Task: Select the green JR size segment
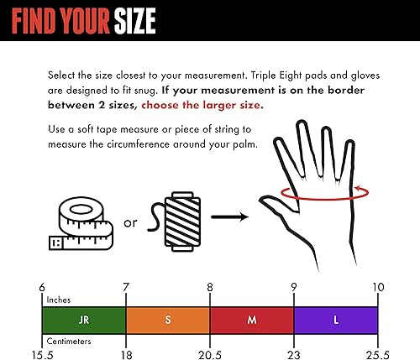click(x=83, y=319)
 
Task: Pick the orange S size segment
click(x=167, y=319)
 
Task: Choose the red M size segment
click(x=251, y=319)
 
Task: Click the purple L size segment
click(x=335, y=319)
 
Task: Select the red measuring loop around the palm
click(x=317, y=193)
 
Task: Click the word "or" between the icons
click(x=130, y=223)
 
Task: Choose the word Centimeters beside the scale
click(x=71, y=341)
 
